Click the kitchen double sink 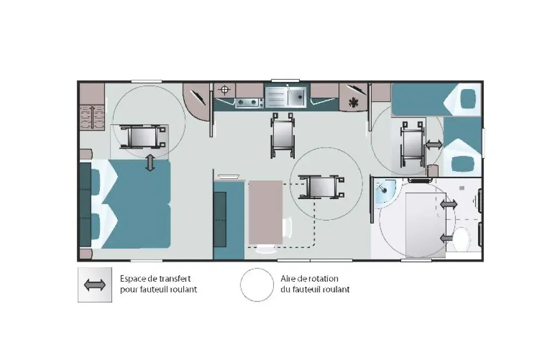point(286,96)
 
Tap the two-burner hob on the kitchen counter point(247,103)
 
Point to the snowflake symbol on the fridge point(354,102)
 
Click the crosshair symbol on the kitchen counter point(225,90)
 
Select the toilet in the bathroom point(462,238)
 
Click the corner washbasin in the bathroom point(384,192)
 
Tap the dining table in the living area point(265,212)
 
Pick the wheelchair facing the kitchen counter point(283,135)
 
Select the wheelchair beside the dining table point(321,186)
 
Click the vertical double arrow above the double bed point(150,163)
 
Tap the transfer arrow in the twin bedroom point(434,145)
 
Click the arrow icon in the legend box point(95,285)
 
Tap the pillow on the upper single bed point(468,99)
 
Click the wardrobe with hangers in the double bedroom point(92,117)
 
